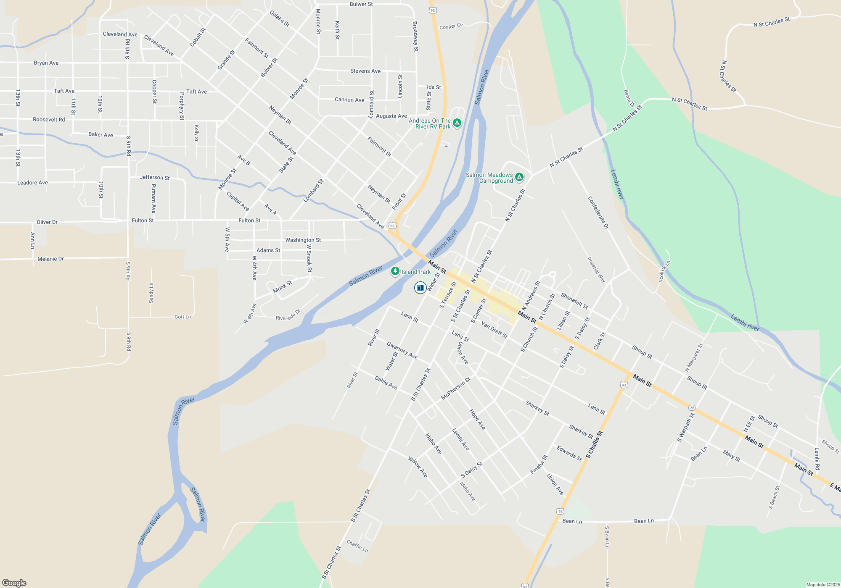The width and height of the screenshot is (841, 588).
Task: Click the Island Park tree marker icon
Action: pyautogui.click(x=395, y=271)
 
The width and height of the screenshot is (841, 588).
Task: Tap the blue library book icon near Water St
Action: pyautogui.click(x=420, y=288)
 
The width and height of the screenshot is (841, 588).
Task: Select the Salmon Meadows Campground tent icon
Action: pyautogui.click(x=519, y=177)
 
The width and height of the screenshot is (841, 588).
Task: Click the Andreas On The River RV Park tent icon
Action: pyautogui.click(x=457, y=123)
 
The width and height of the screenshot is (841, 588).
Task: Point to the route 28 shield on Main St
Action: pyautogui.click(x=692, y=407)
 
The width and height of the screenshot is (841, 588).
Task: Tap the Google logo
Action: pyautogui.click(x=14, y=583)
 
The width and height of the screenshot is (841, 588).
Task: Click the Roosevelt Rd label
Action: pyautogui.click(x=49, y=120)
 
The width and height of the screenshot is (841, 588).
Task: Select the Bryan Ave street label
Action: pyautogui.click(x=46, y=63)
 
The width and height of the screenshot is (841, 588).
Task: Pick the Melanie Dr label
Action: pyautogui.click(x=50, y=259)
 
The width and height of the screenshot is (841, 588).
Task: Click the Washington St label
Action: pyautogui.click(x=303, y=240)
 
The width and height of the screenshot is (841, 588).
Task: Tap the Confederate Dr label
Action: pyautogui.click(x=598, y=213)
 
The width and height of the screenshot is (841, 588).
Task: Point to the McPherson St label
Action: pyautogui.click(x=455, y=388)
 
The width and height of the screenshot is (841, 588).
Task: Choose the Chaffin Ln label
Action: pyautogui.click(x=357, y=546)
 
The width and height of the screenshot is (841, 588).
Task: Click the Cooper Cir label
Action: pyautogui.click(x=451, y=26)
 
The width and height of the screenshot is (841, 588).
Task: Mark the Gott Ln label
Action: pyautogui.click(x=182, y=317)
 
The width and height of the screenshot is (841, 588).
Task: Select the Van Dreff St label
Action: pyautogui.click(x=494, y=330)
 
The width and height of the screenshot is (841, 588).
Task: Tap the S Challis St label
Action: pyautogui.click(x=595, y=444)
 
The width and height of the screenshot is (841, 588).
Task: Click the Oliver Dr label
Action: pyautogui.click(x=47, y=222)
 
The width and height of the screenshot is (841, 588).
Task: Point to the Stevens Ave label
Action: pyautogui.click(x=365, y=71)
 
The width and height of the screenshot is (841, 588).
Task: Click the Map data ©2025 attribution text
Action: pyautogui.click(x=823, y=585)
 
